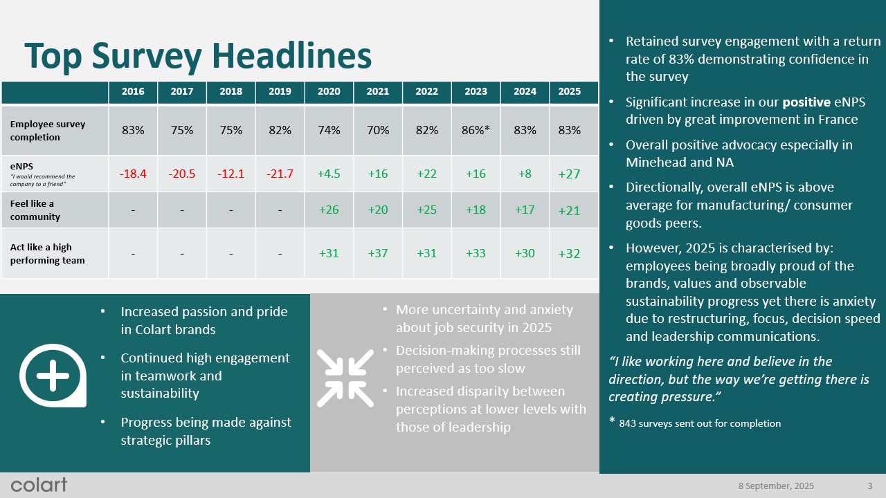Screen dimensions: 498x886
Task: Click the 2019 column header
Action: pyautogui.click(x=280, y=91)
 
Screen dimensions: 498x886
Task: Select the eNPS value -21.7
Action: pyautogui.click(x=280, y=174)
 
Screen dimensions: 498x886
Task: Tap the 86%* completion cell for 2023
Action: pyautogui.click(x=476, y=130)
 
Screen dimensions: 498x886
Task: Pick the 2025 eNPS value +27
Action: pyautogui.click(x=569, y=174)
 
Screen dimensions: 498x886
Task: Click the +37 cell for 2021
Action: pyautogui.click(x=378, y=253)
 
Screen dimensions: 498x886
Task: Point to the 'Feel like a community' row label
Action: pyautogui.click(x=35, y=210)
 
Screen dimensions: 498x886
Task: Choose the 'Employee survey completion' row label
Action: pyautogui.click(x=48, y=131)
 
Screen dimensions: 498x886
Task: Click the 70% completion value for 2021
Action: pyautogui.click(x=378, y=130)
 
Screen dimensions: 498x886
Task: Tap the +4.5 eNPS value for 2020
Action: pyautogui.click(x=329, y=174)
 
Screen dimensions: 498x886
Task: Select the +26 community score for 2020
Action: pyautogui.click(x=329, y=210)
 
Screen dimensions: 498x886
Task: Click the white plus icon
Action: pyautogui.click(x=53, y=378)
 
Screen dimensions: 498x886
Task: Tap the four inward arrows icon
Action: pyautogui.click(x=345, y=378)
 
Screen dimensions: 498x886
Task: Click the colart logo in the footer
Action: pyautogui.click(x=39, y=484)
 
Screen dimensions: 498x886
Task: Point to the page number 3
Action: pyautogui.click(x=869, y=485)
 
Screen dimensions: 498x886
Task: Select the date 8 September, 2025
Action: pyautogui.click(x=776, y=485)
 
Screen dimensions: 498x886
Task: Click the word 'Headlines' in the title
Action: pyautogui.click(x=291, y=55)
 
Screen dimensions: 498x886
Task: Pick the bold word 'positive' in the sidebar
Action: pyautogui.click(x=804, y=102)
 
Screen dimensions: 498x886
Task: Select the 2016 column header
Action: pyautogui.click(x=133, y=91)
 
